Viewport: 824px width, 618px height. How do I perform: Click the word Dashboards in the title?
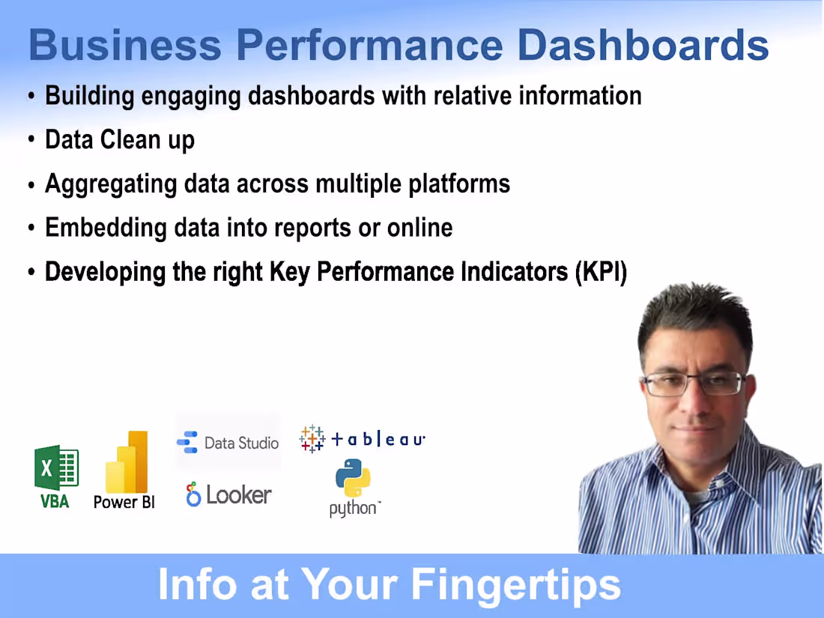pos(643,45)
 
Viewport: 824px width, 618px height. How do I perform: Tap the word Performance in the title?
pos(369,45)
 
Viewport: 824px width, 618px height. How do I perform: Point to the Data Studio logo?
pos(228,443)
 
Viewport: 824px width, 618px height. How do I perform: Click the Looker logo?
pos(228,494)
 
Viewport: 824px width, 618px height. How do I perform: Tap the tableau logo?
pos(363,439)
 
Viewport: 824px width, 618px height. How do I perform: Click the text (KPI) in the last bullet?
pos(601,272)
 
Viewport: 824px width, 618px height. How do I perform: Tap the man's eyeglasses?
pos(693,384)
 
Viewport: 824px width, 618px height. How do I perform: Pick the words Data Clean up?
pos(120,140)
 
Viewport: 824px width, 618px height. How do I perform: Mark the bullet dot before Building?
pos(31,97)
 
